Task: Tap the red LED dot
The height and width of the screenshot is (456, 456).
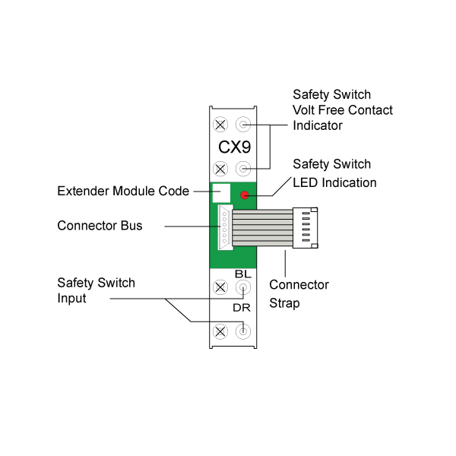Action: coord(245,195)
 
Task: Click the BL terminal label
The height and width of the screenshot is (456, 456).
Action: coord(243,274)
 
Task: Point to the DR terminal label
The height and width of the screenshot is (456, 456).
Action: coord(242,309)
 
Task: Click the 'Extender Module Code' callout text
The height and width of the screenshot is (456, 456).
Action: coord(123,191)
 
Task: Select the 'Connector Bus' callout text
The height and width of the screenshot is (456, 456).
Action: coord(100,226)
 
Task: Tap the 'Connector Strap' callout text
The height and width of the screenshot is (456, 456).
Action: coord(299,293)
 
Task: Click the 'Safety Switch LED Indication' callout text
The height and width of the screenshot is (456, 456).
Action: coord(334,173)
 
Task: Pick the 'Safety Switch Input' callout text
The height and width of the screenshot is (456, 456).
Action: coord(97,290)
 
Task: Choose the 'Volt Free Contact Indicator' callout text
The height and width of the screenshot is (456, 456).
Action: coord(343,110)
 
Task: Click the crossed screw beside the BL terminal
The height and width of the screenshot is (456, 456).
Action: coord(220,288)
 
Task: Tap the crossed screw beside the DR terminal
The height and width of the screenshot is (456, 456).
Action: coord(220,331)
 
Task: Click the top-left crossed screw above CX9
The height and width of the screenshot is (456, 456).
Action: coord(220,124)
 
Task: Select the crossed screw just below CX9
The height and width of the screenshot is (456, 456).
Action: coord(220,168)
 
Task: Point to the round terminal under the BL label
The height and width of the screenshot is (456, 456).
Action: coord(243,288)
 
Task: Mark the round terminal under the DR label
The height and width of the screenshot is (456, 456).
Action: coord(243,331)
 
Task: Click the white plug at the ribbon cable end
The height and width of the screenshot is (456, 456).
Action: coord(305,228)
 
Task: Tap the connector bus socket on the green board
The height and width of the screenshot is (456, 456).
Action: coord(224,227)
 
